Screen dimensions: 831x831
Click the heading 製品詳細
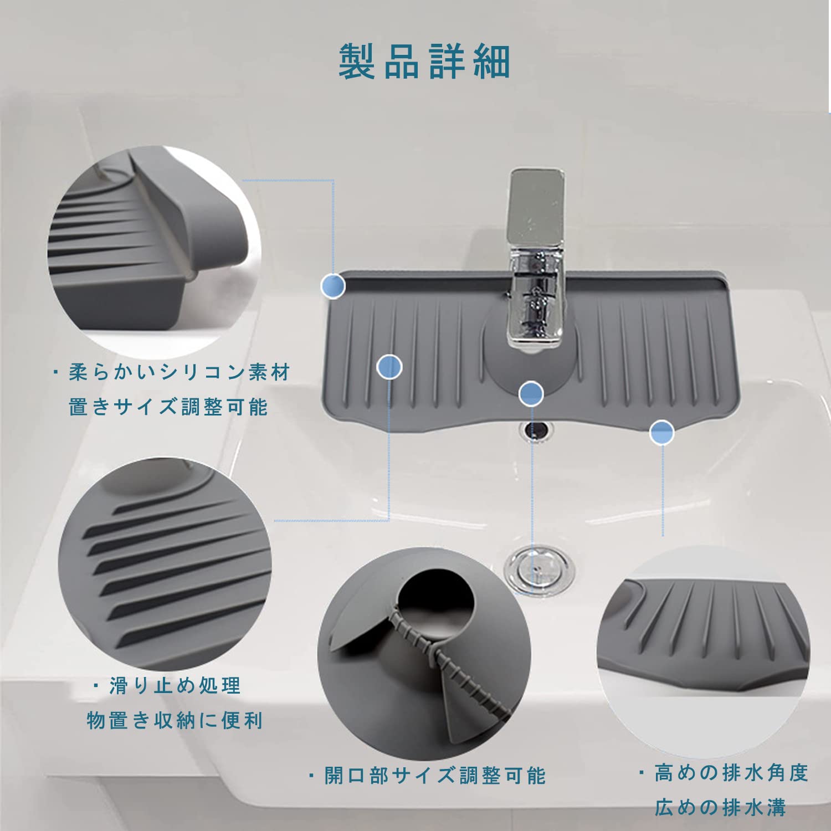pyautogui.click(x=424, y=61)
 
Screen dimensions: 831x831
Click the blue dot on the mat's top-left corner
pyautogui.click(x=334, y=286)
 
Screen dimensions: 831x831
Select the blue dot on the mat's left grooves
pyautogui.click(x=389, y=367)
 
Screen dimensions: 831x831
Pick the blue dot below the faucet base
pyautogui.click(x=531, y=393)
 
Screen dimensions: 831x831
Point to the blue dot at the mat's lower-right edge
pyautogui.click(x=662, y=432)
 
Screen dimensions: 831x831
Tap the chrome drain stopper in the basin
pyautogui.click(x=538, y=570)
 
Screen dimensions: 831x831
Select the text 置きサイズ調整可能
pyautogui.click(x=168, y=407)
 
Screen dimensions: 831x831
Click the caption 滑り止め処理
pyautogui.click(x=175, y=686)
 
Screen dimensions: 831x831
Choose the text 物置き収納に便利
pyautogui.click(x=175, y=721)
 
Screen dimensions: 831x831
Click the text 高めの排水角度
pyautogui.click(x=732, y=773)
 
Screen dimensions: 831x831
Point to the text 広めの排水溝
pyautogui.click(x=721, y=808)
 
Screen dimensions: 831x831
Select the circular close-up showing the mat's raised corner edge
pyautogui.click(x=155, y=252)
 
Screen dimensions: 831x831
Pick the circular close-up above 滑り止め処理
pyautogui.click(x=165, y=564)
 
